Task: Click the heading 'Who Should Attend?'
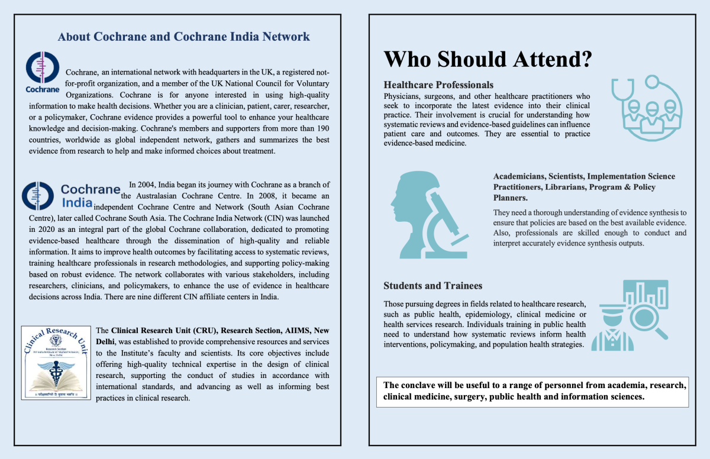point(488,59)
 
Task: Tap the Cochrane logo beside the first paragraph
point(43,72)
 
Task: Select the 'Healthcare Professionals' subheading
point(438,85)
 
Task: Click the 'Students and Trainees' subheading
point(433,286)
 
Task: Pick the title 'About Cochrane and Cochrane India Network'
point(183,37)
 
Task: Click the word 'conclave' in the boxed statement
point(418,385)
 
